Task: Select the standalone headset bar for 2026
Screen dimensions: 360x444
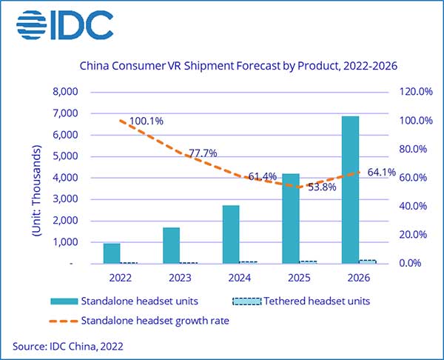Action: (349, 190)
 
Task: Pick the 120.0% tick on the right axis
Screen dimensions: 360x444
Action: (410, 92)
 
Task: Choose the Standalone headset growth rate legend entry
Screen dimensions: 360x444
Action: (147, 320)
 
